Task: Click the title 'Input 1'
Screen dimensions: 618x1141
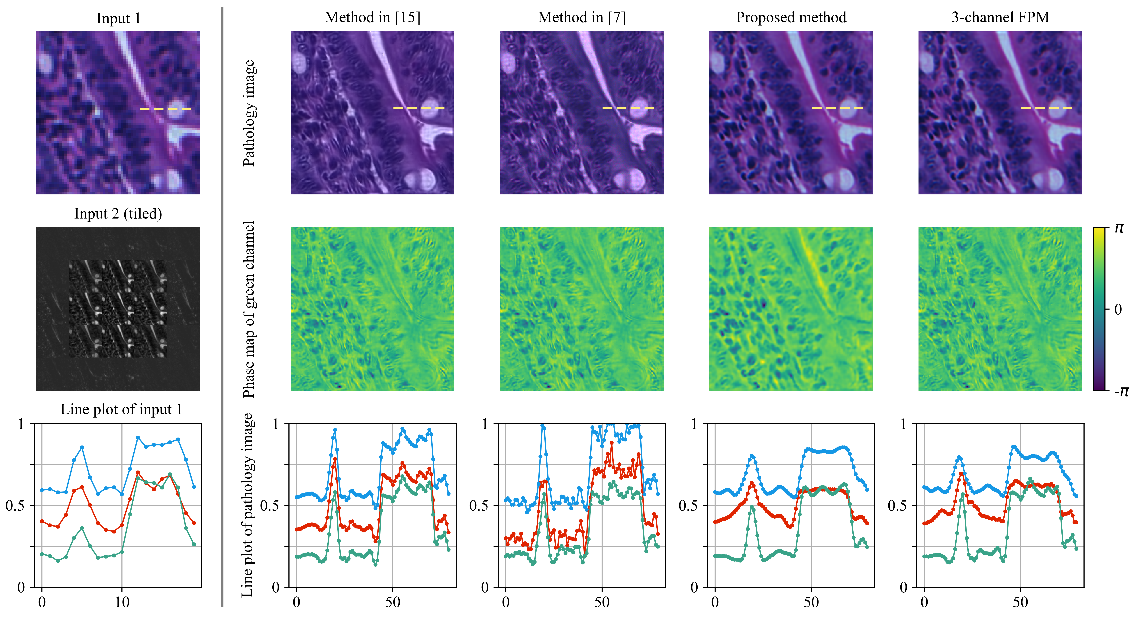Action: (118, 19)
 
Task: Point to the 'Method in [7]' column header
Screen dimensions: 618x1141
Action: (582, 18)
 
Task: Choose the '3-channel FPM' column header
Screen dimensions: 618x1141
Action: (1000, 18)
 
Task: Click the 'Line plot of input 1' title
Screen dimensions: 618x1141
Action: (121, 409)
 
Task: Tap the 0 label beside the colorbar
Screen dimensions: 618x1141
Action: (1118, 309)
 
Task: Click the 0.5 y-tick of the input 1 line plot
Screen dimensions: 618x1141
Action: (15, 505)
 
